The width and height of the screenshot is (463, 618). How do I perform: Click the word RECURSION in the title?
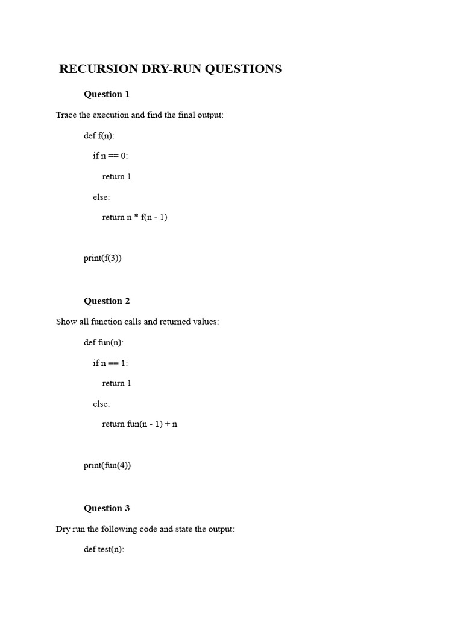tap(99, 69)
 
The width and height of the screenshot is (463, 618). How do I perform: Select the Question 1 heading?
tap(107, 94)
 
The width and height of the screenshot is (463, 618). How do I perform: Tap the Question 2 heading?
tap(107, 301)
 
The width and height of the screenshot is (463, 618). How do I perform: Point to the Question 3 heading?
tap(107, 508)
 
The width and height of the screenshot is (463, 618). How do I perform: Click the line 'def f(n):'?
tap(99, 135)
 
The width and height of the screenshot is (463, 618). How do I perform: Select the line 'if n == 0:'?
tap(110, 156)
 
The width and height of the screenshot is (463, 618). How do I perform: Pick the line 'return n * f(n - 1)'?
tap(134, 217)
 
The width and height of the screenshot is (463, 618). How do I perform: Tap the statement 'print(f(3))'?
tap(102, 258)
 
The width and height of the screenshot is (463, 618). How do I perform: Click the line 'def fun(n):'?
tap(103, 342)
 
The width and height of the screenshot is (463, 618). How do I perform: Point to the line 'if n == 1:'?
tap(110, 363)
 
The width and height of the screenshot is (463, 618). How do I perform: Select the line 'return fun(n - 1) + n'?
tap(139, 424)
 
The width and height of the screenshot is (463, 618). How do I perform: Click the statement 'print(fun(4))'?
tap(107, 465)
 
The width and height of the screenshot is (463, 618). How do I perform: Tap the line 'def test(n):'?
tap(104, 549)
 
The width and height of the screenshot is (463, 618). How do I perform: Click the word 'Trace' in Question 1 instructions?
tap(66, 115)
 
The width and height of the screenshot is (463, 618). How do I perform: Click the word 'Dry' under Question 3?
tap(63, 529)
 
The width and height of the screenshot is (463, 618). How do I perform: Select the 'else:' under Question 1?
tap(101, 197)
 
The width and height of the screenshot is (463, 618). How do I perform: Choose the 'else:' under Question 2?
tap(101, 404)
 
